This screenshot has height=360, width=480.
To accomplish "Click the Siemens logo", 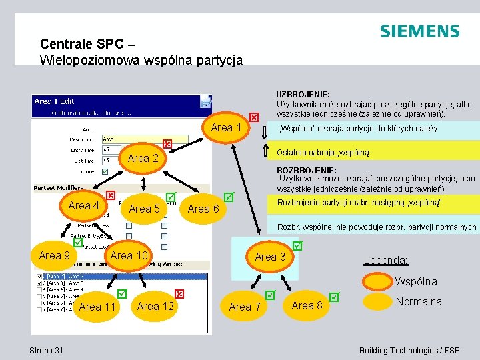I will [x=419, y=31].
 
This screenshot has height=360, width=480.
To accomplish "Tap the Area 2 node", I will [x=143, y=159].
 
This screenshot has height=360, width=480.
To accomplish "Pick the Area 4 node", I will [x=84, y=206].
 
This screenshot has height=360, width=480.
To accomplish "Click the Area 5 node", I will [x=145, y=209].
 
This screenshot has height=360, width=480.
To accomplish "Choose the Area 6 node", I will [x=203, y=209].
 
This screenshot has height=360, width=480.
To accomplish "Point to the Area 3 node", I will [x=270, y=257].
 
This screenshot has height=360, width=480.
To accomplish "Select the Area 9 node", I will [x=54, y=255].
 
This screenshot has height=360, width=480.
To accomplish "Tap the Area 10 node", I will [x=129, y=255].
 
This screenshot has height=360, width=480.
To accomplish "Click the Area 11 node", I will [x=97, y=307].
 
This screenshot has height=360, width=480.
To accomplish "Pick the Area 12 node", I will [x=155, y=306].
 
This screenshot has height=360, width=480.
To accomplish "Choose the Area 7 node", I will [x=245, y=307].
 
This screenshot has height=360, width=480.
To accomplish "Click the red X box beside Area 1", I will [x=254, y=117].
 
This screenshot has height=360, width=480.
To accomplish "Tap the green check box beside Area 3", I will [x=297, y=246].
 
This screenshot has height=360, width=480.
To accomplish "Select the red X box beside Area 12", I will [x=179, y=294].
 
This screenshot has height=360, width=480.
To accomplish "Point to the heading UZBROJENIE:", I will [x=303, y=95].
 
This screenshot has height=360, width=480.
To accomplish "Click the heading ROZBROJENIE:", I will [x=304, y=170].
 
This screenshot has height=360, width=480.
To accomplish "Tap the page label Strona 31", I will [x=47, y=351].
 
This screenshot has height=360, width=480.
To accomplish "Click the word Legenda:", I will [x=386, y=259].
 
